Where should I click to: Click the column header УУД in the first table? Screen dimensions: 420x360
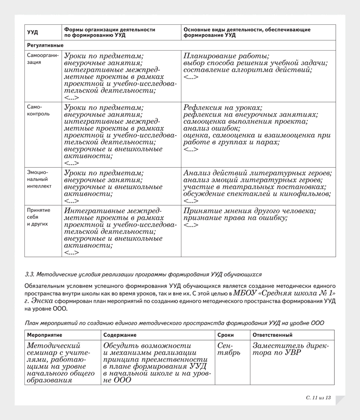[33, 33]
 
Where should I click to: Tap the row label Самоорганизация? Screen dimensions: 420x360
[43, 59]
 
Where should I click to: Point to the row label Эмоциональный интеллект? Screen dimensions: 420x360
[40, 179]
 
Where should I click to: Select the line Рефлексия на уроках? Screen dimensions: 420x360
[223, 108]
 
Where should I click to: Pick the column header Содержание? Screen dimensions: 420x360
[120, 335]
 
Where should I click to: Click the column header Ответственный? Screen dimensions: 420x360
[272, 335]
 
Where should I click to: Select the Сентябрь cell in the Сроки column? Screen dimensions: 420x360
[225, 349]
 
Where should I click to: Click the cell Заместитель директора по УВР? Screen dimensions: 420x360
[290, 349]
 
